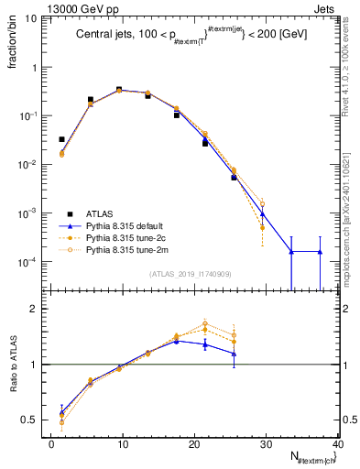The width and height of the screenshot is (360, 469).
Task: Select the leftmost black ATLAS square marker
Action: (61, 139)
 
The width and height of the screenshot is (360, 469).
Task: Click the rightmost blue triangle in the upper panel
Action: (320, 251)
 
